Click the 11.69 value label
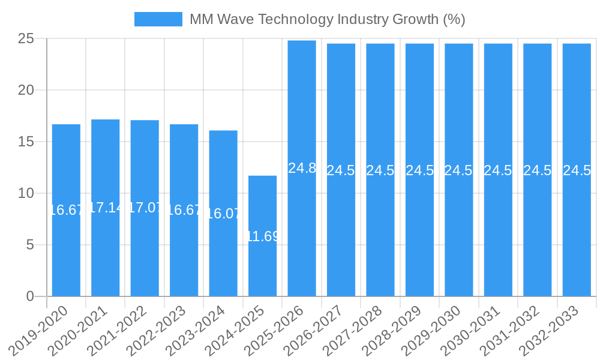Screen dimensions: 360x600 [x=263, y=236]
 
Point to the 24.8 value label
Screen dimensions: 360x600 [x=302, y=168]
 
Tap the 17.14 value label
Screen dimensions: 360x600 [x=106, y=208]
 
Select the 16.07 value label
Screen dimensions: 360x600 [x=223, y=214]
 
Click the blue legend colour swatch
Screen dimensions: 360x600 [x=158, y=19]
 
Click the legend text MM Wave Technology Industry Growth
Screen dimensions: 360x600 [x=327, y=19]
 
